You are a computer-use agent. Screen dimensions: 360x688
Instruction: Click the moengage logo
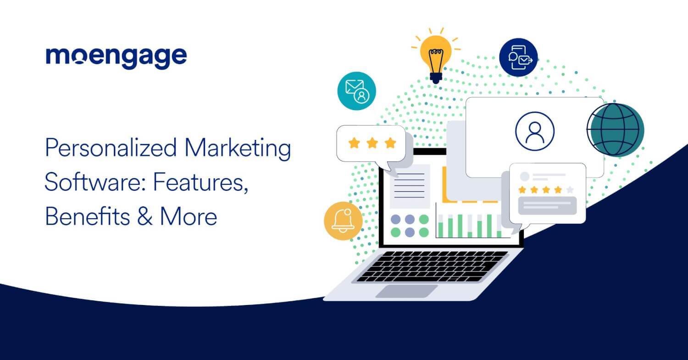coord(116,57)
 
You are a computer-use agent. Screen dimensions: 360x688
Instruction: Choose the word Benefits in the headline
coord(86,216)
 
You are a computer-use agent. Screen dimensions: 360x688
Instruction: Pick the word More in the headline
coord(188,216)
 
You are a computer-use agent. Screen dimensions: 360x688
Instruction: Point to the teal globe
coord(616,130)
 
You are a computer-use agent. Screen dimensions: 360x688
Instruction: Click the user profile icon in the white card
coord(534,131)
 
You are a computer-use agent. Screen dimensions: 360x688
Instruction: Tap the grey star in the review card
coord(570,189)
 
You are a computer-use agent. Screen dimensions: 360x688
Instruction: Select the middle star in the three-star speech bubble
coord(372,143)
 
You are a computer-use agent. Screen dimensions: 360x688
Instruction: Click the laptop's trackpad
coord(407,291)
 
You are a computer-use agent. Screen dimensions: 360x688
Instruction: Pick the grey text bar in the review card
coord(547,205)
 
